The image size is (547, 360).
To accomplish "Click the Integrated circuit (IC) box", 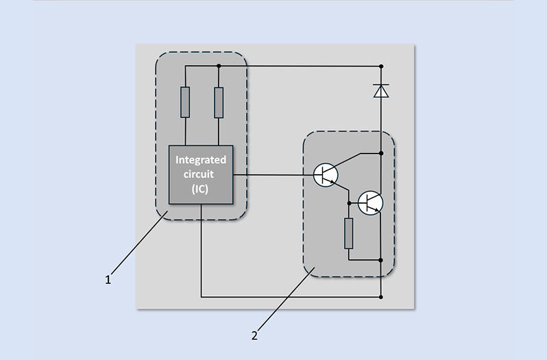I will (x=202, y=175).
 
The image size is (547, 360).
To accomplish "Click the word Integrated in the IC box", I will (x=201, y=160).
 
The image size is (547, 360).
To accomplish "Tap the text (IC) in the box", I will (x=201, y=189).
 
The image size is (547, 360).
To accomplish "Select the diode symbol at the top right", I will (x=381, y=91).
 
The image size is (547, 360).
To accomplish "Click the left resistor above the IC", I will (x=185, y=102).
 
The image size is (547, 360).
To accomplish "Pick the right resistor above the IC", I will (x=219, y=102).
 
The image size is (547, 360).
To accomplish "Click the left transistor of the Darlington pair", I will (x=326, y=175).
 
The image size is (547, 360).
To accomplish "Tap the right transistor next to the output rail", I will (x=371, y=202).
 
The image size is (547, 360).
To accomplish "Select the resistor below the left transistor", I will (x=349, y=233).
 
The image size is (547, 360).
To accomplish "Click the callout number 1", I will (x=108, y=280).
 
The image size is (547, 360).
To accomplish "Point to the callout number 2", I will (x=254, y=336).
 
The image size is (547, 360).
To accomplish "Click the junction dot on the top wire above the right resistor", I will (x=219, y=66).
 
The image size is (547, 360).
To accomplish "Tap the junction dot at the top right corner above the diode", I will (x=381, y=66).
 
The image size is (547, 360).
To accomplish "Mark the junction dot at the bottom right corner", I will (x=381, y=298).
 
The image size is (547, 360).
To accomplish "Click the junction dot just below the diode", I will (x=381, y=153).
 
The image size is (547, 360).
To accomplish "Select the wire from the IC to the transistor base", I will (x=274, y=175).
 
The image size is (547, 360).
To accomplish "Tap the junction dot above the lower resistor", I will (x=349, y=202).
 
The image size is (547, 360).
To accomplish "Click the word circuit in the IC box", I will (x=201, y=174).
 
